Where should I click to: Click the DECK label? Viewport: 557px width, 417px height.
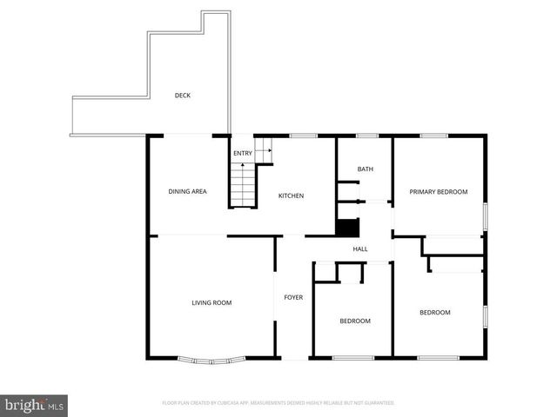182,96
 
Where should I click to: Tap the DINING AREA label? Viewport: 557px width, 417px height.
187,191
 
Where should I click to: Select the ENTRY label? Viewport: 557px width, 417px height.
243,154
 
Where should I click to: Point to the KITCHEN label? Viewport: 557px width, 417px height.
291,196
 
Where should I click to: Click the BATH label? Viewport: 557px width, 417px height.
366,169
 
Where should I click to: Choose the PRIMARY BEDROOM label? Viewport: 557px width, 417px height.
439,192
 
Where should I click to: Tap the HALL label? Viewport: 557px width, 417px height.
360,249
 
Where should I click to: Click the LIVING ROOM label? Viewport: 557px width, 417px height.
211,302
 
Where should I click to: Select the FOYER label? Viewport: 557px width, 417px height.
293,298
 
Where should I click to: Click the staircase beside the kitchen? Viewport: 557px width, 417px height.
244,183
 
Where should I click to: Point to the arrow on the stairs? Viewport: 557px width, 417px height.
265,151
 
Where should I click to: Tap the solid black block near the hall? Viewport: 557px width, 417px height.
347,228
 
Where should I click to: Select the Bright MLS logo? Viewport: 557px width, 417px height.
35,405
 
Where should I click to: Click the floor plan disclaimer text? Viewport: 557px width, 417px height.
278,403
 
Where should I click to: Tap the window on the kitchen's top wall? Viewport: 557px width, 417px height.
303,136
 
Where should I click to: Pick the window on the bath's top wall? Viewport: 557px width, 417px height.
366,136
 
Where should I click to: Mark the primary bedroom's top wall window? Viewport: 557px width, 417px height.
433,136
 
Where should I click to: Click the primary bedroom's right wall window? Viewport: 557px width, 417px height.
485,215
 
